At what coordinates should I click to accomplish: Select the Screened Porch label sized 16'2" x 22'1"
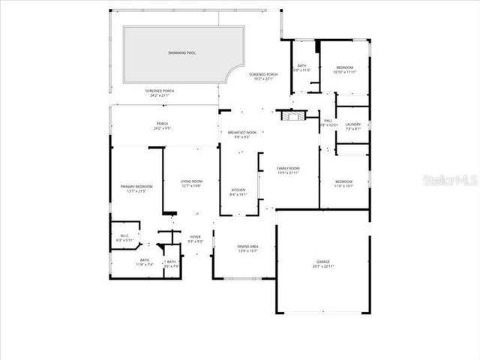coord(263,76)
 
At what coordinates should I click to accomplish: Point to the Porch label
coord(162,126)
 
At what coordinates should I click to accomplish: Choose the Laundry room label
coord(353,126)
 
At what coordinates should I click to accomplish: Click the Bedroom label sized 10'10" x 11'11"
coord(344,69)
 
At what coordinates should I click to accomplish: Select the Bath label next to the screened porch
coord(301,67)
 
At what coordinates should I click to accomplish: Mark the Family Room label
coord(288,169)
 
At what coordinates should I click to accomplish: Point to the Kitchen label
coord(238,192)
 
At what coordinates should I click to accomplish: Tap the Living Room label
coord(191,183)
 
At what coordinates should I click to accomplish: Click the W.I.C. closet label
coord(124,237)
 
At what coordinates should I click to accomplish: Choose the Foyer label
coord(195,238)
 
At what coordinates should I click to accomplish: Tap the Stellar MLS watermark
coord(449,181)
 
